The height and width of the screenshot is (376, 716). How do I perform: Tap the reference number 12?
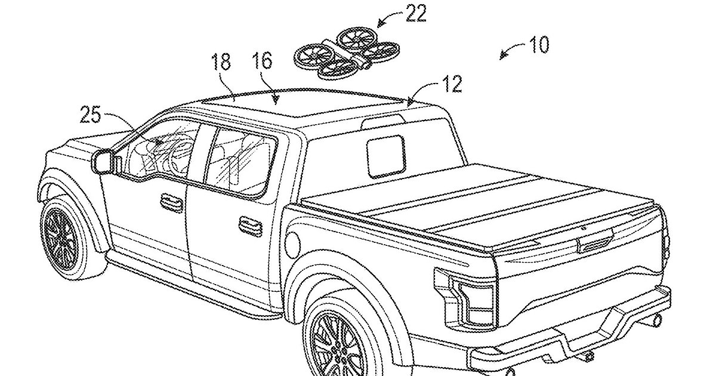click(x=452, y=84)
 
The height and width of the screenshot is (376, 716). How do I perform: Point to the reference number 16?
click(x=262, y=61)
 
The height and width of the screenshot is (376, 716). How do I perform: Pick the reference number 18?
click(x=221, y=62)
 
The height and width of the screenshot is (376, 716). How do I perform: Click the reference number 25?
click(x=90, y=115)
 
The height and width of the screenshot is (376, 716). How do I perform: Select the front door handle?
click(x=172, y=202)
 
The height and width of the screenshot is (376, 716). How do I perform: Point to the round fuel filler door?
click(x=292, y=245)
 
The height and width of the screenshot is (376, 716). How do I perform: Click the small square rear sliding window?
click(x=386, y=156)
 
